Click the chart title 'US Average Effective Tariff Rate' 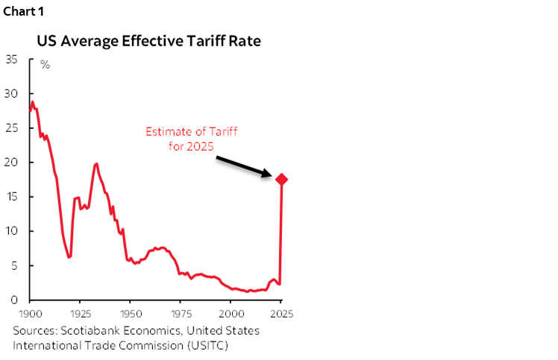149,41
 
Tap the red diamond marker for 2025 282,180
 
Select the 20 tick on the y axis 11,162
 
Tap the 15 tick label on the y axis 11,197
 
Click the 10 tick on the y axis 11,231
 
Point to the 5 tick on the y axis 14,265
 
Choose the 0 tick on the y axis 14,300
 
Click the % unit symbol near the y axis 46,65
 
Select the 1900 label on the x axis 31,314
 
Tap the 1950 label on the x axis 131,314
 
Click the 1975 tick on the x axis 181,314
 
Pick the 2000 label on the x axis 231,314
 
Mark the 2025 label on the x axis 280,314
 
